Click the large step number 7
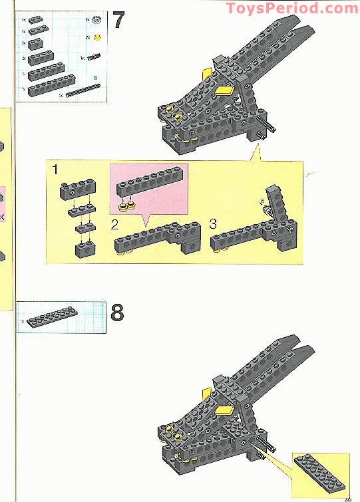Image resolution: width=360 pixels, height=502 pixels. coord(118,20)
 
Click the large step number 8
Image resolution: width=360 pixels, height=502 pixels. coord(118,313)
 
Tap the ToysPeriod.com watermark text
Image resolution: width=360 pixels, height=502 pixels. coord(291,8)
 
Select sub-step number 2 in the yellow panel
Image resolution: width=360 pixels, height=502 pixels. coord(114,224)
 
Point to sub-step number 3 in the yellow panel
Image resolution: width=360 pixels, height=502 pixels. coord(213,224)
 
